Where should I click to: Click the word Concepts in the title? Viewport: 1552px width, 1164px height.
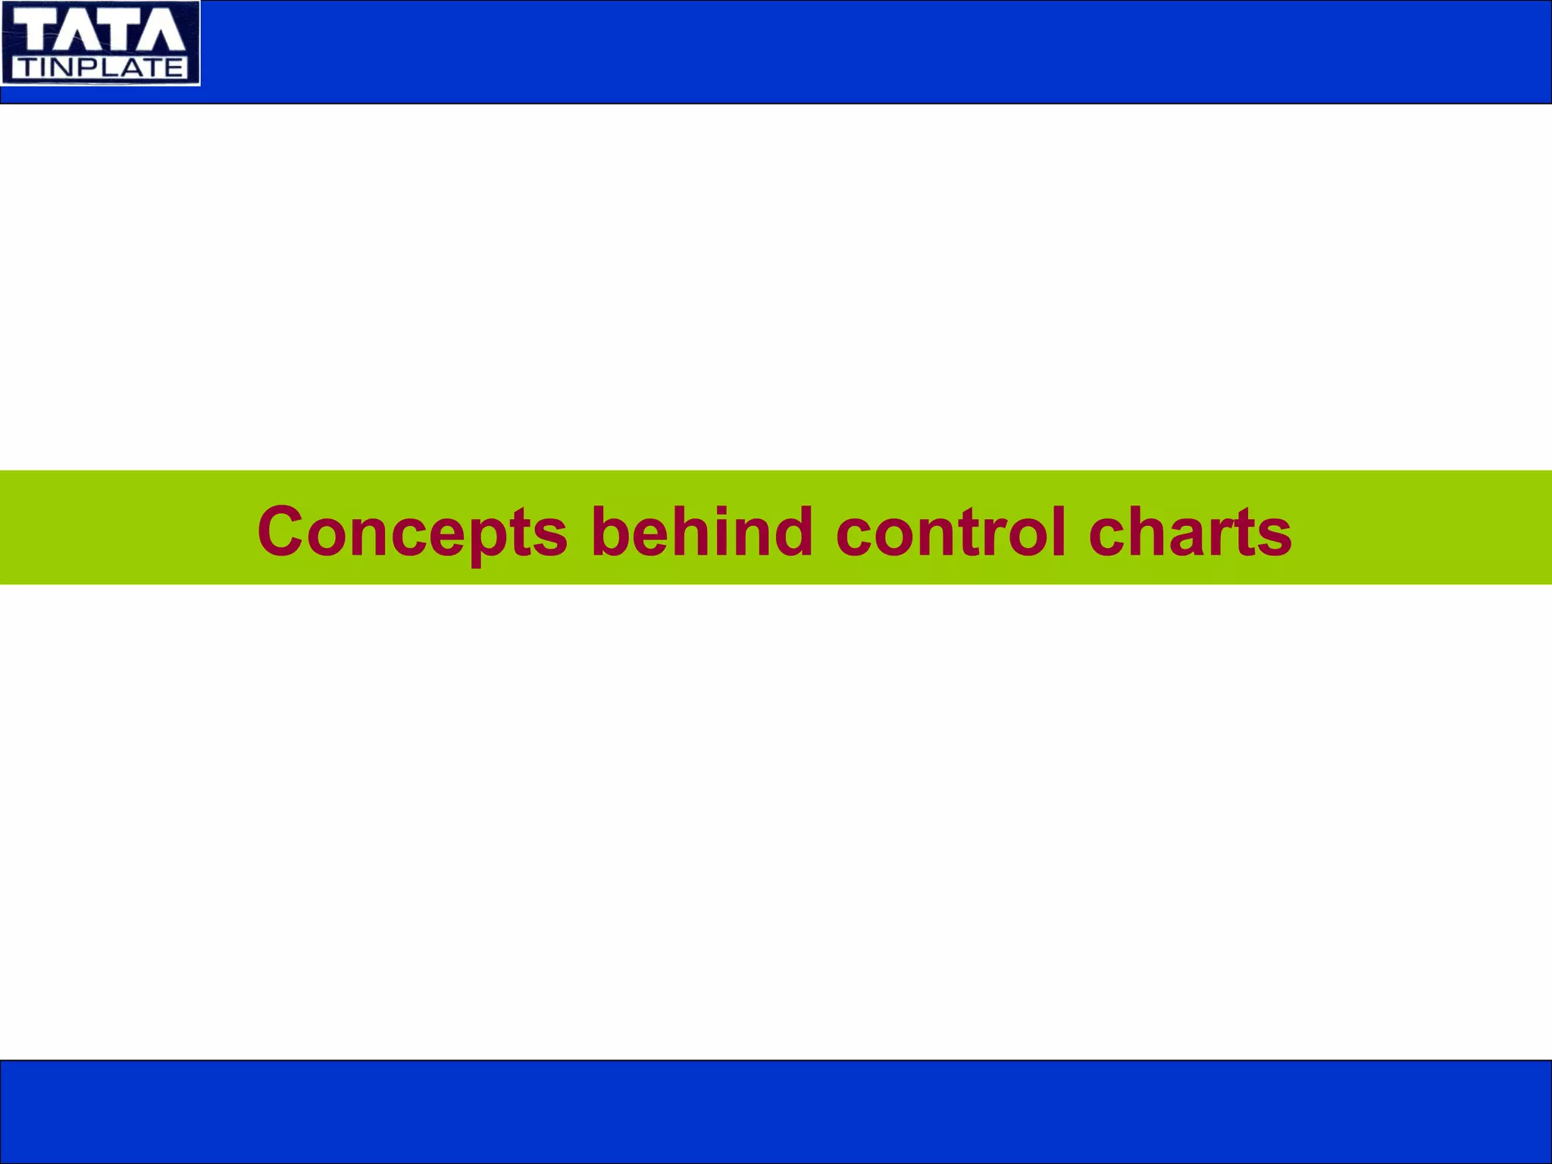[411, 532]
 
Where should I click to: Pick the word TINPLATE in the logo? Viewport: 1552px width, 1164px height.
[101, 68]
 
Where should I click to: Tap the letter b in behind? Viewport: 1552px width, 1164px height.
[611, 530]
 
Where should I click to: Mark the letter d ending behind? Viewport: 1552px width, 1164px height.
[792, 530]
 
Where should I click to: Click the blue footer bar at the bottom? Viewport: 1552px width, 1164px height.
[776, 1111]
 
